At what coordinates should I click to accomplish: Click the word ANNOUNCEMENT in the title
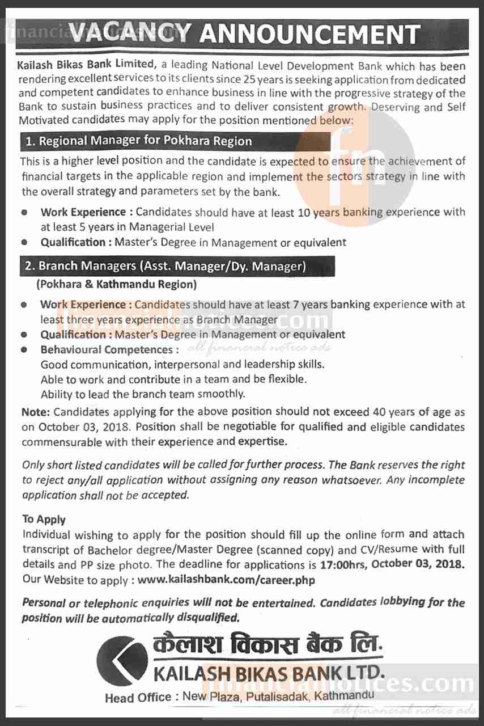click(x=310, y=35)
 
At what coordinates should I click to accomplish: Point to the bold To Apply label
click(x=44, y=519)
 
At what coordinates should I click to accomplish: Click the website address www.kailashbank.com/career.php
click(x=226, y=580)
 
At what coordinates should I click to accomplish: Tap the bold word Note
click(x=36, y=411)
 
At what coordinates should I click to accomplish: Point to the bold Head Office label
click(x=138, y=697)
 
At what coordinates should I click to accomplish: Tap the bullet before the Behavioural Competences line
click(x=24, y=350)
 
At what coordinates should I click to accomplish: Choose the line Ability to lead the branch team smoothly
click(x=143, y=394)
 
